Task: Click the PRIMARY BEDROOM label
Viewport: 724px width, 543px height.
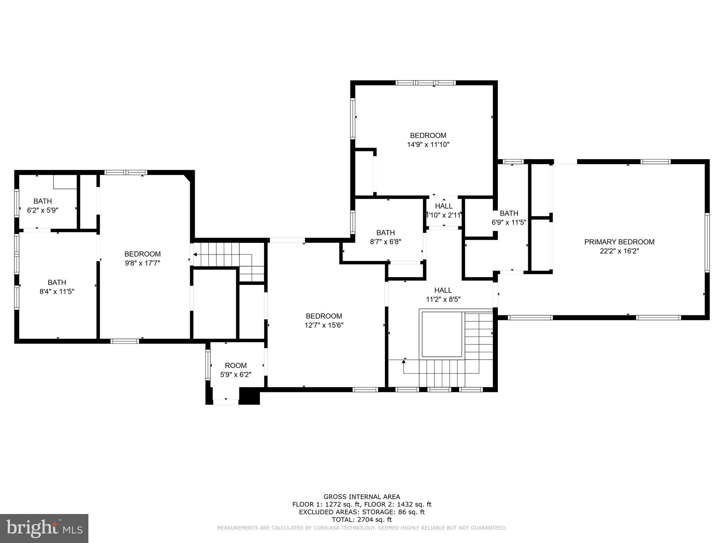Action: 619,242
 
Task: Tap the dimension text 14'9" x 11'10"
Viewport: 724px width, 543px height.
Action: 428,144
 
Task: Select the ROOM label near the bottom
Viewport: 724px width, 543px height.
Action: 235,365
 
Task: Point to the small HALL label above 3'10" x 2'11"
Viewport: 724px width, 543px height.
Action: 444,206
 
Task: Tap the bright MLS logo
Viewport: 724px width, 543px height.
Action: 44,528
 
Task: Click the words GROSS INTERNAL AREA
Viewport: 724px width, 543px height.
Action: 362,497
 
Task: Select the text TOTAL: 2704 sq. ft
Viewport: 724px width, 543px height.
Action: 362,520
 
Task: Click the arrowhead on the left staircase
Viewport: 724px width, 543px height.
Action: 195,254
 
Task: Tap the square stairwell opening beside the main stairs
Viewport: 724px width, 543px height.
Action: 442,334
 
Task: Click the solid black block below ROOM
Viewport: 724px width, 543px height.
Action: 250,396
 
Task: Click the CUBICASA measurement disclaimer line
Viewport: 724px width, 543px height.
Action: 362,528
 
